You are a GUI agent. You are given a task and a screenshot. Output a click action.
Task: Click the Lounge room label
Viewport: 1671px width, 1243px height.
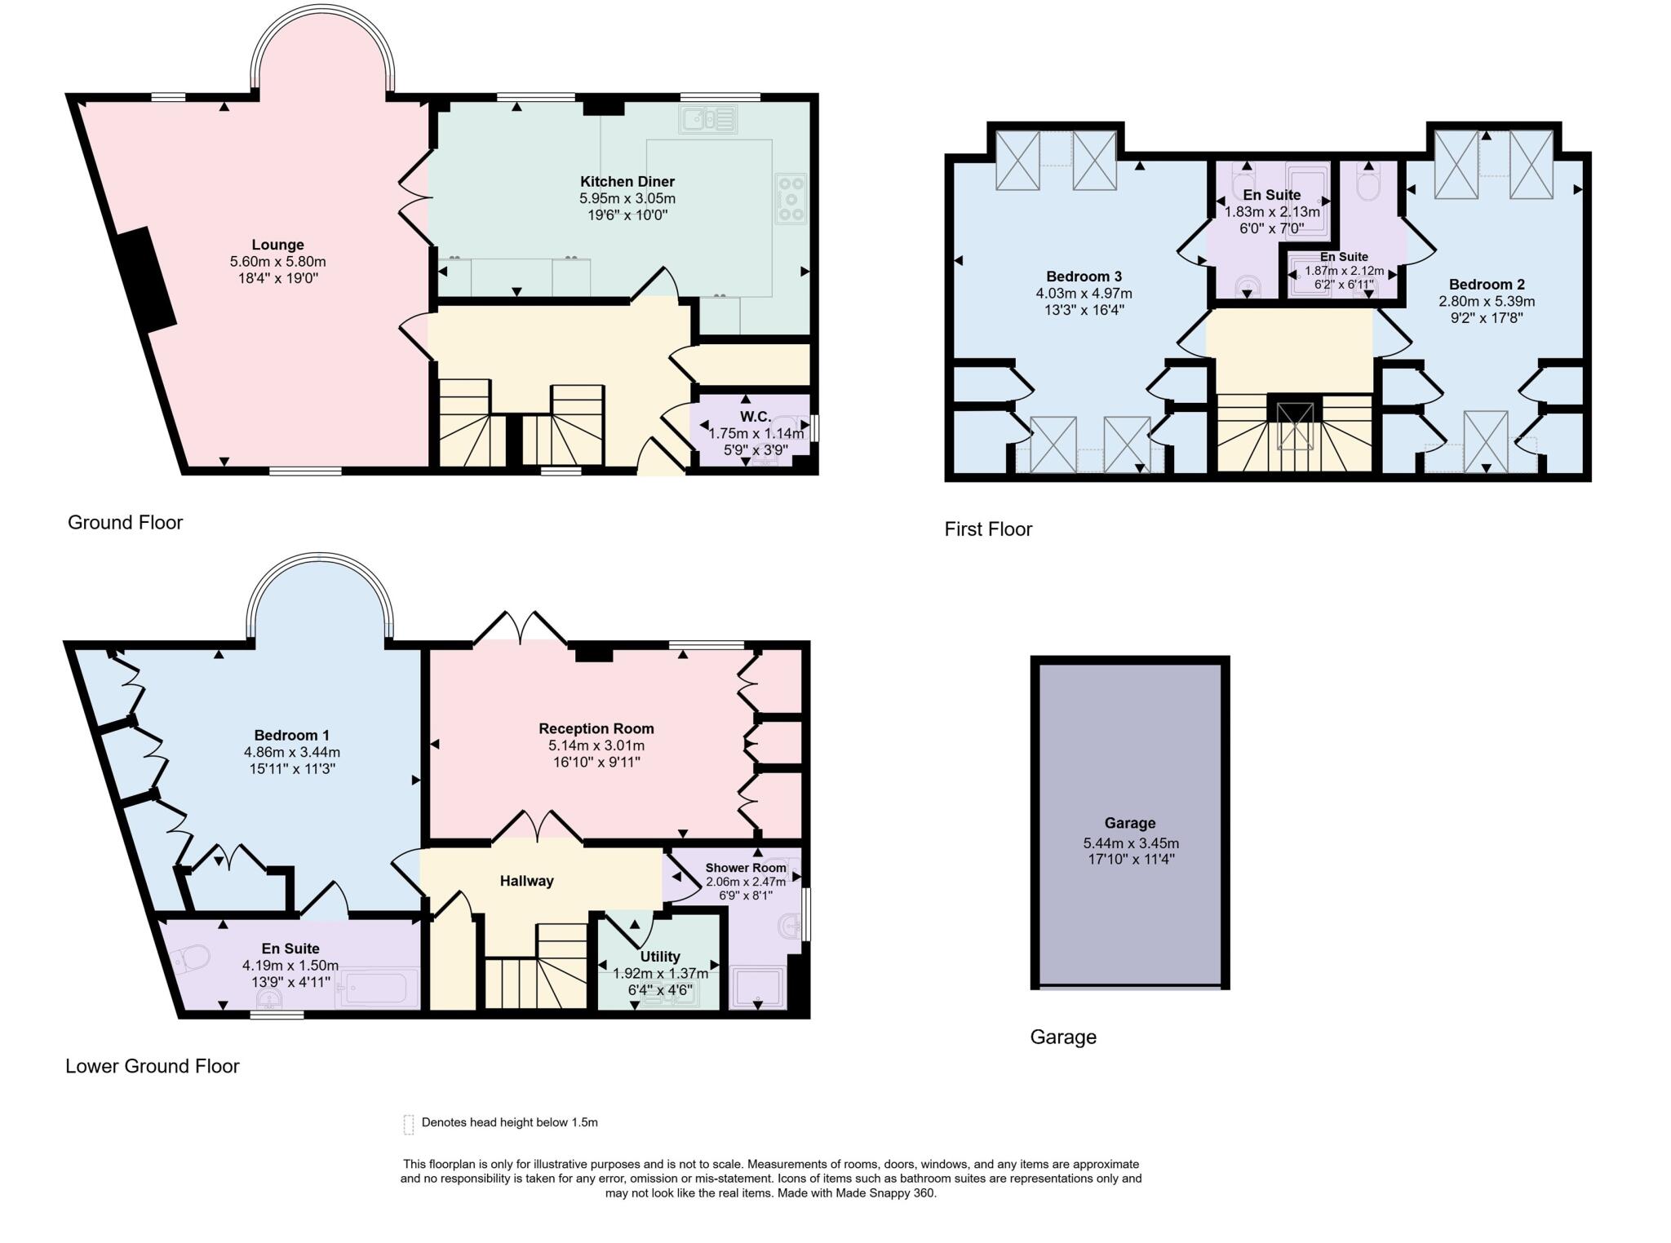tap(277, 245)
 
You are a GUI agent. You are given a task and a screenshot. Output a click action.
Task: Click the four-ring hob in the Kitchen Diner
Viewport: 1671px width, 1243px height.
tap(790, 198)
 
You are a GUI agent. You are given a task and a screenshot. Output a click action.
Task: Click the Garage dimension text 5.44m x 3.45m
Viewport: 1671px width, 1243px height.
tap(1130, 843)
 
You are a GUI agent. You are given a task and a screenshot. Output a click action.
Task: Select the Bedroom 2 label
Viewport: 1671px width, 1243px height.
tap(1486, 285)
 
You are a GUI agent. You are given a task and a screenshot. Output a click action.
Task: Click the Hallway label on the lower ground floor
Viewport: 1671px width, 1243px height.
tap(526, 881)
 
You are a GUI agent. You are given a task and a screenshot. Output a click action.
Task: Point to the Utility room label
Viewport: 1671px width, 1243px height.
tap(660, 957)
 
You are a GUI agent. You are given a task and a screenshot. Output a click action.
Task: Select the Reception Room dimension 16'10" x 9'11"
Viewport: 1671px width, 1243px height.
tap(596, 763)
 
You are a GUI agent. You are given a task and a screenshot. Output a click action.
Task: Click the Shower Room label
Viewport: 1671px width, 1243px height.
tap(745, 868)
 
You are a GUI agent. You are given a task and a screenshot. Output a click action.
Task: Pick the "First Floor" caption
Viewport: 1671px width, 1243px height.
tap(988, 529)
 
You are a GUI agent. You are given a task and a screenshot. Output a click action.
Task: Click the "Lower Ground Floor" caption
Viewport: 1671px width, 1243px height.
tap(153, 1066)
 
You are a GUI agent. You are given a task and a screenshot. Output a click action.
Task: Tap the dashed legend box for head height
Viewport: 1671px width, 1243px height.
tap(409, 1125)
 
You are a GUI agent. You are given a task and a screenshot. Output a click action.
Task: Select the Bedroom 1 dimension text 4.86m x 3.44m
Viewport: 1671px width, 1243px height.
tap(291, 752)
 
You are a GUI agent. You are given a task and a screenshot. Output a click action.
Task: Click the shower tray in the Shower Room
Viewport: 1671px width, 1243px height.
tap(759, 988)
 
